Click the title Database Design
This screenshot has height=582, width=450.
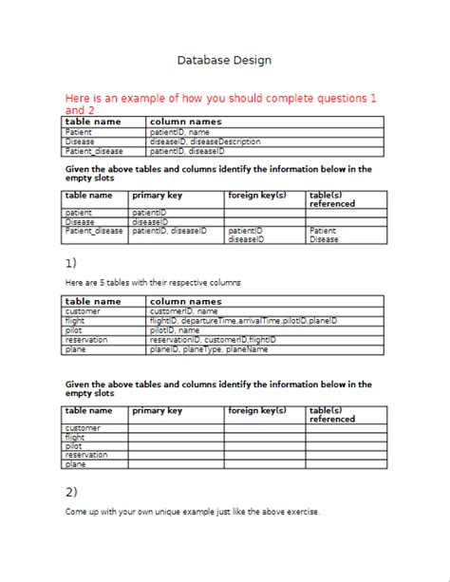(x=224, y=60)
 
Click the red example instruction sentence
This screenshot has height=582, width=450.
(x=220, y=103)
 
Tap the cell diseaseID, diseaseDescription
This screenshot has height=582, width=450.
(x=205, y=141)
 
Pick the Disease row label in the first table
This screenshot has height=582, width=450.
(x=80, y=141)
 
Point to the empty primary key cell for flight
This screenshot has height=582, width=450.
(x=176, y=438)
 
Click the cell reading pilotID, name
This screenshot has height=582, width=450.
(x=175, y=330)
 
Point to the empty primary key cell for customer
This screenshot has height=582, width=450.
(x=176, y=428)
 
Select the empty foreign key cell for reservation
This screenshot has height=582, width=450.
(x=265, y=456)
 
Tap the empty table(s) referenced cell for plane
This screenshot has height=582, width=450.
(x=346, y=465)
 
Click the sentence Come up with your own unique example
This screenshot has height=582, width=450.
(x=192, y=513)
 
